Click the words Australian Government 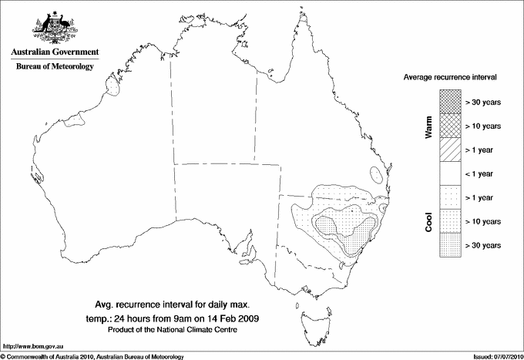pos(55,52)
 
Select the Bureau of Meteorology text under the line pos(55,66)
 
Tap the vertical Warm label pos(429,126)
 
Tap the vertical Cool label pos(429,221)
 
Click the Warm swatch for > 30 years pos(449,102)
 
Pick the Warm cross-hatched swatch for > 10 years pos(449,126)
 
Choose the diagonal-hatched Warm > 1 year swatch pos(449,150)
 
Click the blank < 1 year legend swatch pos(449,173)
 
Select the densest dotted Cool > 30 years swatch pos(449,245)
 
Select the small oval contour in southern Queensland pos(375,174)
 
